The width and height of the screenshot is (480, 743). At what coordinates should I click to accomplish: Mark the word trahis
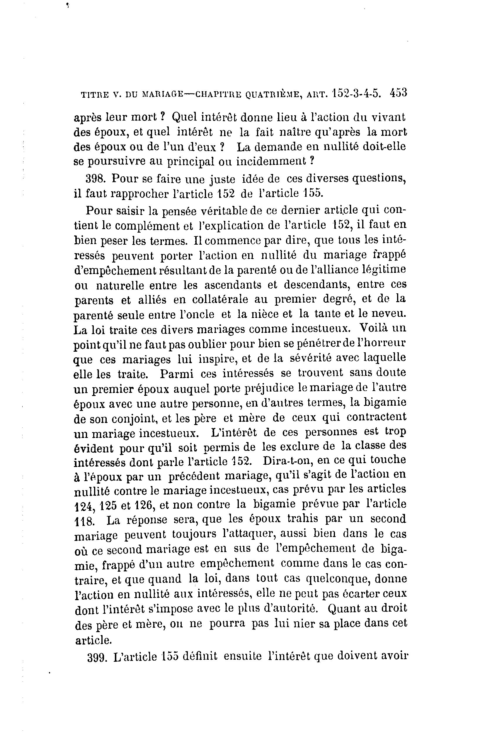click(303, 519)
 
